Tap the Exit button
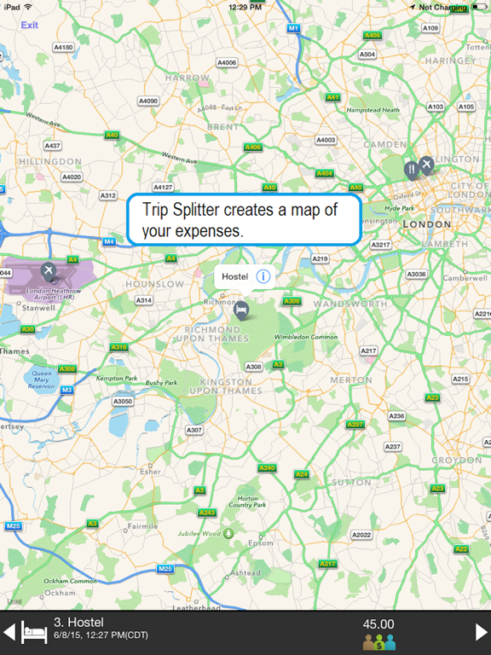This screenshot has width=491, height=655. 30,25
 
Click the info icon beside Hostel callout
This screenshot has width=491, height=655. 263,276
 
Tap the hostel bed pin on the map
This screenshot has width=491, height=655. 241,309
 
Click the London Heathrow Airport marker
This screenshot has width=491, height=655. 47,271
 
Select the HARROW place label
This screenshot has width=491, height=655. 187,78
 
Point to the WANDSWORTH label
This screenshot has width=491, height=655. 350,304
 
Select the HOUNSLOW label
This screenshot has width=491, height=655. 154,284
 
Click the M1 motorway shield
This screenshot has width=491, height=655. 293,28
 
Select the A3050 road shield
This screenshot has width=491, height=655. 123,401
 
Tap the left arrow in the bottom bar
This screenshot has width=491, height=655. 9,632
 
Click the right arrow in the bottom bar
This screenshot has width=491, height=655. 481,632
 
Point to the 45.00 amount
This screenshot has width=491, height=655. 379,624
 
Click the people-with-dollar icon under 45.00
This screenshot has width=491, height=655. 379,642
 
